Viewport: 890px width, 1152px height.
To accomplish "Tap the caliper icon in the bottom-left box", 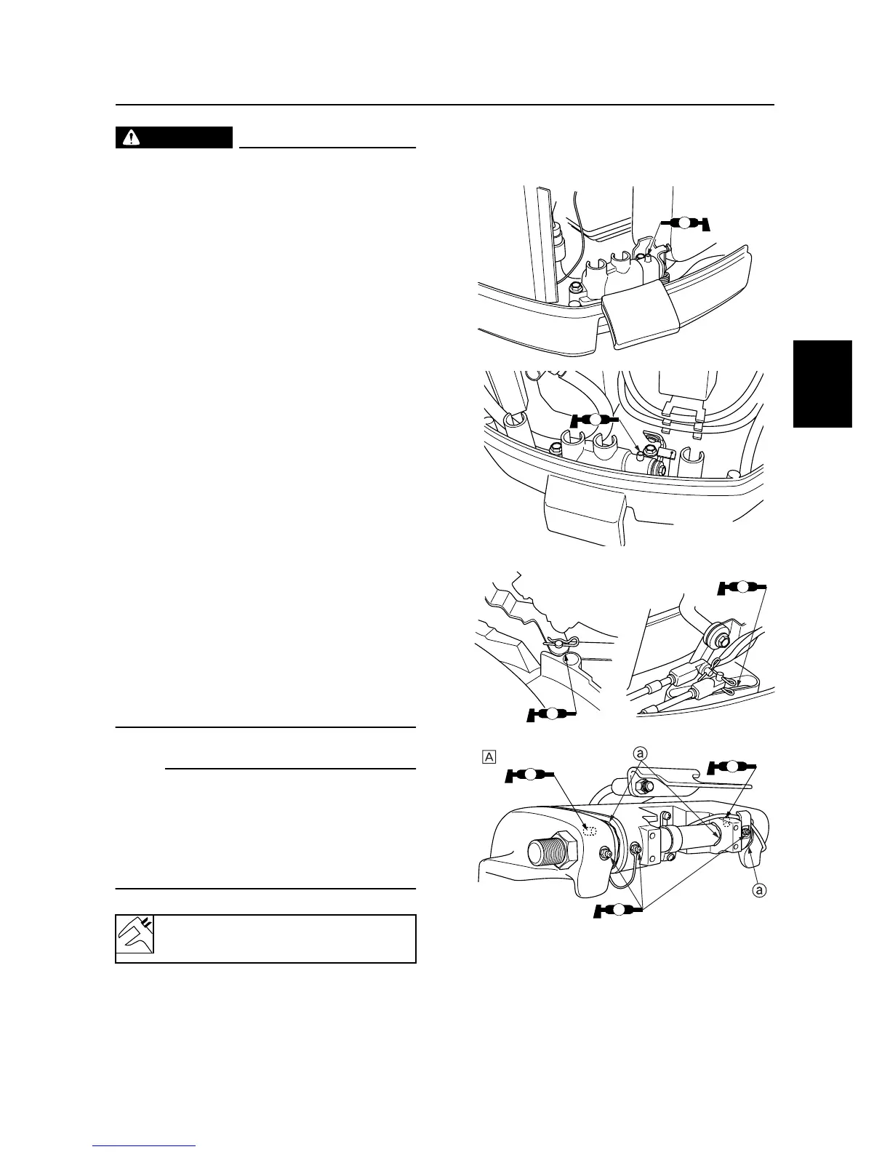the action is click(135, 938).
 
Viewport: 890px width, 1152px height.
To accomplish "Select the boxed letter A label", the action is click(489, 756).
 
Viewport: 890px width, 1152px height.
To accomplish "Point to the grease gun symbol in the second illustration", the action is click(595, 420).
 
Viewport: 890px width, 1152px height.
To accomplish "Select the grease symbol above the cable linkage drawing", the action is click(742, 587).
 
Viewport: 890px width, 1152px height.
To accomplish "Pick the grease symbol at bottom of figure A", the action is click(618, 908).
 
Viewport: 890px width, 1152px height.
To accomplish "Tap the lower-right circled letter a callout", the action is click(758, 889).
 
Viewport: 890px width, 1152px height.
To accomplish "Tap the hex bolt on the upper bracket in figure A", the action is click(644, 785).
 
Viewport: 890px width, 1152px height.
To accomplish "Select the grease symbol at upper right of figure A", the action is click(732, 766).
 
